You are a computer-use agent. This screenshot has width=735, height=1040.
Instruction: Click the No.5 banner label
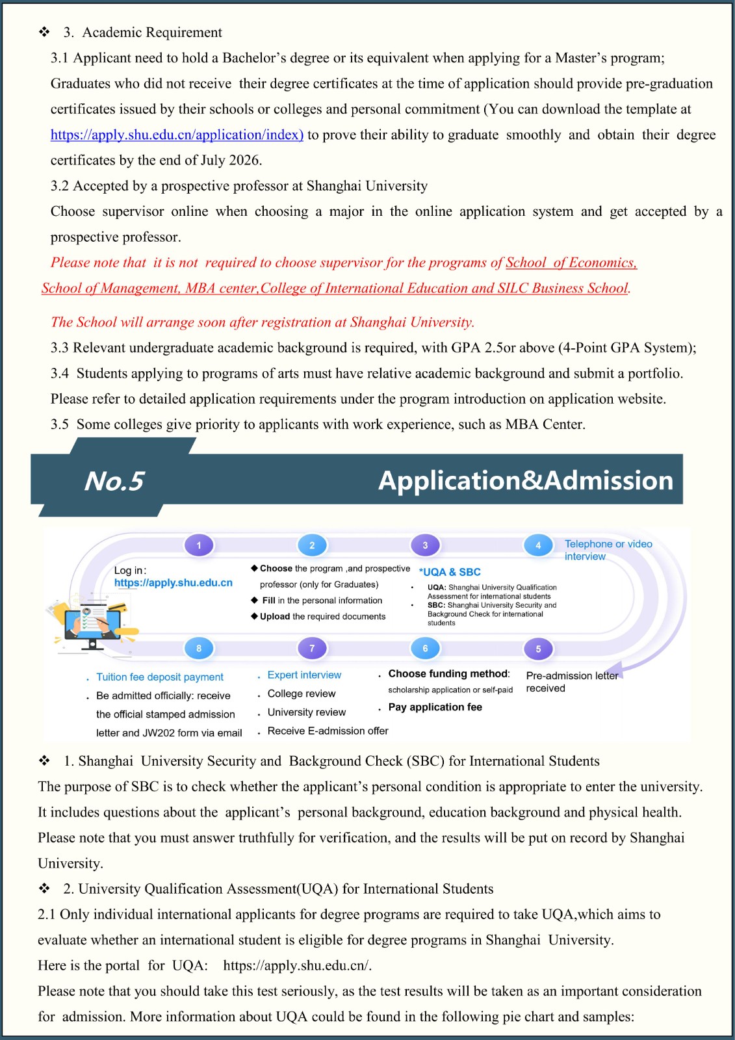pos(114,481)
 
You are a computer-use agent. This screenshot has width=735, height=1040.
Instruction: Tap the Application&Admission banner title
pos(525,480)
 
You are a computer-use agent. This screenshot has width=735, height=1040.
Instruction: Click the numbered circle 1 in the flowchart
pos(199,545)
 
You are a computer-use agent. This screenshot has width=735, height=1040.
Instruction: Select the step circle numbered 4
pos(538,545)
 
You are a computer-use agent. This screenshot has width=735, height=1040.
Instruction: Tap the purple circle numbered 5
pos(538,649)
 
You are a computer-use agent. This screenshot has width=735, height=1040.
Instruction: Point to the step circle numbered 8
pos(199,648)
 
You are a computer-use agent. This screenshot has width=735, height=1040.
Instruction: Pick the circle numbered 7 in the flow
pos(312,648)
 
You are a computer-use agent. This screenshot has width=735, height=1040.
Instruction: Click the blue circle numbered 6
pos(425,648)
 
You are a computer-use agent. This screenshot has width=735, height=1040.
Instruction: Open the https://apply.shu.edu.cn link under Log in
pos(173,583)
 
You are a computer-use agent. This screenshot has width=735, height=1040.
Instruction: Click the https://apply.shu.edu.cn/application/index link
pos(177,135)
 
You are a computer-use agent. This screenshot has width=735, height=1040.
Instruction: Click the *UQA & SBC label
pos(450,572)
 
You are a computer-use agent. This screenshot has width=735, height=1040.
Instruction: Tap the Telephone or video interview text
pos(608,550)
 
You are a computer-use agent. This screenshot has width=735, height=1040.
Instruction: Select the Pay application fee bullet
pos(435,707)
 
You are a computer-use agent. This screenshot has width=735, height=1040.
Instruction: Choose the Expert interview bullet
pos(304,675)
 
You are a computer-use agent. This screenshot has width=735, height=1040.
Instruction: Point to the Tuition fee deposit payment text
pos(160,677)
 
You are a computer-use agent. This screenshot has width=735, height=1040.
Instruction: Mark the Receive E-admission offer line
pos(328,731)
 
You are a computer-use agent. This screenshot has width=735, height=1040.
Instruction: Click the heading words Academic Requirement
pos(152,32)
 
